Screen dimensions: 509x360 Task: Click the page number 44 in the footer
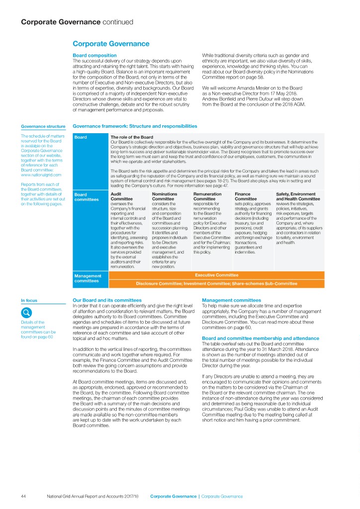[23, 496]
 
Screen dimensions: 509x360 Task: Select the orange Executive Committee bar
[216, 274]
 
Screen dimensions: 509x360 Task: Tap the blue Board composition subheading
[94, 55]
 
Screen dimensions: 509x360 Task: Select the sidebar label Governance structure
[43, 126]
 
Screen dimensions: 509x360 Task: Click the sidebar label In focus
[28, 300]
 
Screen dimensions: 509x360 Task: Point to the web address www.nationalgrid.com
[41, 175]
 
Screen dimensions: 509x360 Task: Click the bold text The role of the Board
[131, 137]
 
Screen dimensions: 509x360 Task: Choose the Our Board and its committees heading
[107, 300]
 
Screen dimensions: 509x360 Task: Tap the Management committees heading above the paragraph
[231, 300]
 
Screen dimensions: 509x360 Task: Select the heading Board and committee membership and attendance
[259, 339]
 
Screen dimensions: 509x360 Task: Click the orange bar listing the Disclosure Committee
[216, 283]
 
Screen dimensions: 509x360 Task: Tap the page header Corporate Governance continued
[77, 22]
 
